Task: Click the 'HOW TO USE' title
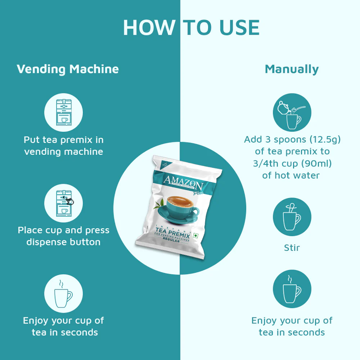pos(191,28)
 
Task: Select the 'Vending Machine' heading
pos(68,69)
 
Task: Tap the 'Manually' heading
pos(292,69)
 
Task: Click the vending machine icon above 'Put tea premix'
pos(63,112)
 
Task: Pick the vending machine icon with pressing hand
pos(63,203)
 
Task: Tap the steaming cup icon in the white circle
pos(63,293)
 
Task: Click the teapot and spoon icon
pos(292,112)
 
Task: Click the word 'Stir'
pos(292,248)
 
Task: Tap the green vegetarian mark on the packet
pos(196,236)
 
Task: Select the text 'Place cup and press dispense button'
pos(63,236)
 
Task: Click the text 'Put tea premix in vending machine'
pos(63,145)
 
